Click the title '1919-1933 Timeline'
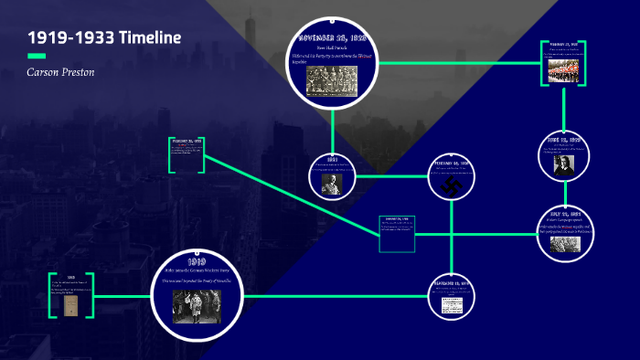(x=103, y=38)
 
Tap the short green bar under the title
(x=37, y=57)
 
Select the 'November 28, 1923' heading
(x=333, y=38)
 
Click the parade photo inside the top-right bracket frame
(x=562, y=69)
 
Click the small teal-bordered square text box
(x=398, y=233)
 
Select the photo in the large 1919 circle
(x=197, y=305)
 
